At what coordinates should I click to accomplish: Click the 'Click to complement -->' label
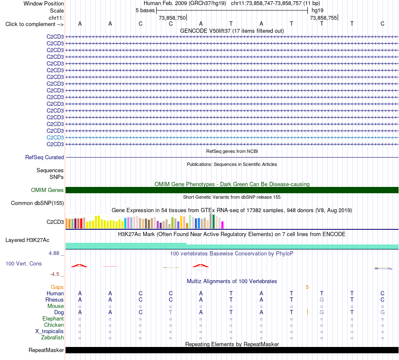(x=34, y=24)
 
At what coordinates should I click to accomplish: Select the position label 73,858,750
(x=172, y=18)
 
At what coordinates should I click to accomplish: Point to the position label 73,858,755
(x=323, y=18)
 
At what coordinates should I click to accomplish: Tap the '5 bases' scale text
(x=145, y=11)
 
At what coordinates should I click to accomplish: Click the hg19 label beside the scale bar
(x=318, y=11)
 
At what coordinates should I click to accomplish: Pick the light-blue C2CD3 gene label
(x=55, y=138)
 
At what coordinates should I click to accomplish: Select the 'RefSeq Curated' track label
(x=44, y=158)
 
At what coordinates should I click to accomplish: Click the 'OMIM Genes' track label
(x=47, y=190)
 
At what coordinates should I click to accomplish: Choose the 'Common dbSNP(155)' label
(x=37, y=203)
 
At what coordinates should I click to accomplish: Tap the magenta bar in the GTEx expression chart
(x=223, y=225)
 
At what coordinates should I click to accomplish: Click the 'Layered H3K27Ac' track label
(x=27, y=240)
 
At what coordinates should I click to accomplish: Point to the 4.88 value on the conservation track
(x=54, y=253)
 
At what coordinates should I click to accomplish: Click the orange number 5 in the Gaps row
(x=307, y=287)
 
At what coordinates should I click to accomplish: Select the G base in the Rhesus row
(x=322, y=300)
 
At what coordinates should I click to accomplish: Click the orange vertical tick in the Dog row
(x=307, y=312)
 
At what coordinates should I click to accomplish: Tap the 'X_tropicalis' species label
(x=50, y=331)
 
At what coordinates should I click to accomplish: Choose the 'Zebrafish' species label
(x=52, y=338)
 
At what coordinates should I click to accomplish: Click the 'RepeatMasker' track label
(x=46, y=350)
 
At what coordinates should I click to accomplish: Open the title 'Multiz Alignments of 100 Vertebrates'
(x=232, y=281)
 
